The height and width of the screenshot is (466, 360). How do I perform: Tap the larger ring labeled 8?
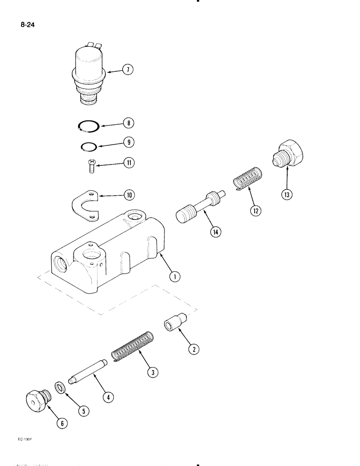[87, 126]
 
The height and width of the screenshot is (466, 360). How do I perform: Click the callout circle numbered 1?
[174, 278]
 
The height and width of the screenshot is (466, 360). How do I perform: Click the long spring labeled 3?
[131, 347]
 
